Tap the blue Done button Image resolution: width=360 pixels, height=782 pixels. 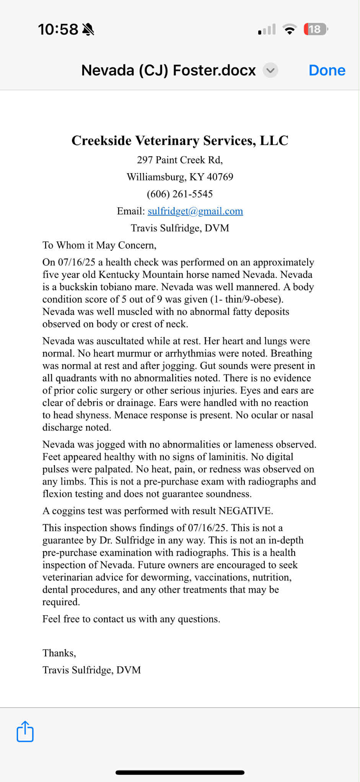(x=327, y=70)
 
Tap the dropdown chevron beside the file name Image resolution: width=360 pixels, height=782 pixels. (x=270, y=70)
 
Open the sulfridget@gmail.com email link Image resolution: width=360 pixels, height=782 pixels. (x=195, y=211)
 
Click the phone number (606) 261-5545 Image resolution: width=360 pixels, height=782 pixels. (x=180, y=194)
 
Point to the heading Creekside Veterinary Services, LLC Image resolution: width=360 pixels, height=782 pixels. (x=180, y=140)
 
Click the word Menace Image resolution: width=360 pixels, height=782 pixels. (x=130, y=415)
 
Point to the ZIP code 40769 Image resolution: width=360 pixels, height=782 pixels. (x=220, y=177)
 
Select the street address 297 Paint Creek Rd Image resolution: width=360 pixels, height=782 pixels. (x=180, y=160)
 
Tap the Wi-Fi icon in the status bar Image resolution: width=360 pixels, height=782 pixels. (x=290, y=29)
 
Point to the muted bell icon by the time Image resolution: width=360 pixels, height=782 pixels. (x=88, y=29)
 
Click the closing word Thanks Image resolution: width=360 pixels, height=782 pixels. (x=59, y=653)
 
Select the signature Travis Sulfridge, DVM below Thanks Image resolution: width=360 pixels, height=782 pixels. (x=92, y=670)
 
